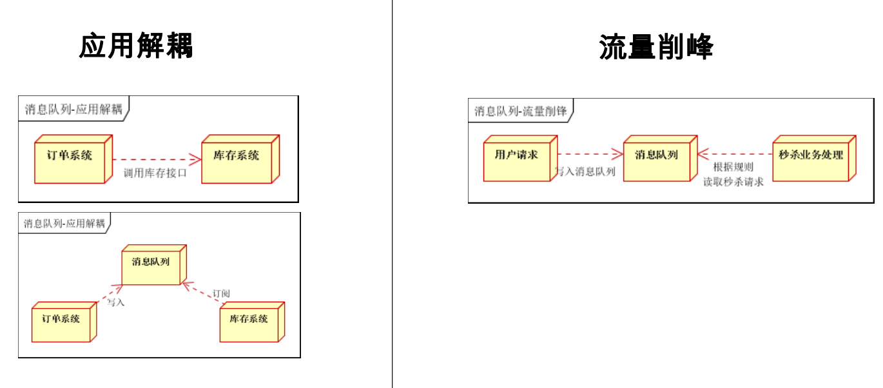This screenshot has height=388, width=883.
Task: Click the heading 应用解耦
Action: pos(136,46)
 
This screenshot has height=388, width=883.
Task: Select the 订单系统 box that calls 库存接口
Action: pos(70,159)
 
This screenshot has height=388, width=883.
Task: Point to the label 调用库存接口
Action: pos(155,173)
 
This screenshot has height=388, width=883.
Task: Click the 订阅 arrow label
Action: pos(222,294)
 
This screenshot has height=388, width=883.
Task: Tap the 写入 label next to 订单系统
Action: pos(115,302)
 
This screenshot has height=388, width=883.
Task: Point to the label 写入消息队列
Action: pos(585,172)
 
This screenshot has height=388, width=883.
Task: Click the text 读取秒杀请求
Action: pos(733,182)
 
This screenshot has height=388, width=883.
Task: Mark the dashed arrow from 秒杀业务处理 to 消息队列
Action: pos(735,154)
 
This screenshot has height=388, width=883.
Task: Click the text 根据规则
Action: pos(733,167)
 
